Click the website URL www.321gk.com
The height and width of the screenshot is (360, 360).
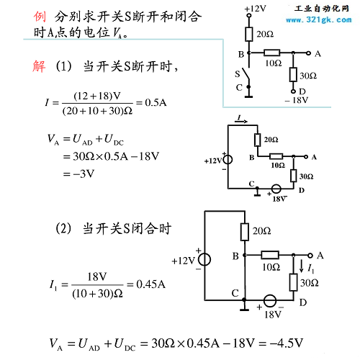click(319, 19)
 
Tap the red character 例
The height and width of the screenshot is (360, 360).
click(40, 17)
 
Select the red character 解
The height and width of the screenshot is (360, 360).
click(39, 66)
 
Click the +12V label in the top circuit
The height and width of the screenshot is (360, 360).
click(256, 9)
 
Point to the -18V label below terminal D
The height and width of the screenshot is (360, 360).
click(297, 100)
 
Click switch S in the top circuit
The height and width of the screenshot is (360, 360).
click(246, 73)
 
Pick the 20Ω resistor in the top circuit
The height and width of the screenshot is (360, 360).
click(249, 34)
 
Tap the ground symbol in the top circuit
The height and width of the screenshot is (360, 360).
click(249, 95)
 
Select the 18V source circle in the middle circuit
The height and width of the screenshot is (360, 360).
click(276, 189)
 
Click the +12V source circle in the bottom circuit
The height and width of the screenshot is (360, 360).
click(204, 260)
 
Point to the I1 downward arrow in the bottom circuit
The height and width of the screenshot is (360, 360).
click(302, 266)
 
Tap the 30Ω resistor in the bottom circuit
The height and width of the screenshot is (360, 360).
click(293, 282)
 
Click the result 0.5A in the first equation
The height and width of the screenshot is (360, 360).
click(156, 103)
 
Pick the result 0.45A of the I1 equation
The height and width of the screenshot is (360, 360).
click(151, 284)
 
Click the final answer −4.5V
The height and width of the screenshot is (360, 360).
click(286, 343)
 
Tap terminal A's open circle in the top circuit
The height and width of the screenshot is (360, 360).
click(309, 53)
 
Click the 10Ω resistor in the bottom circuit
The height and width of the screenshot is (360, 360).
click(270, 255)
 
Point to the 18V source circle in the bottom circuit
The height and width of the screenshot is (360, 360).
click(270, 300)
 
